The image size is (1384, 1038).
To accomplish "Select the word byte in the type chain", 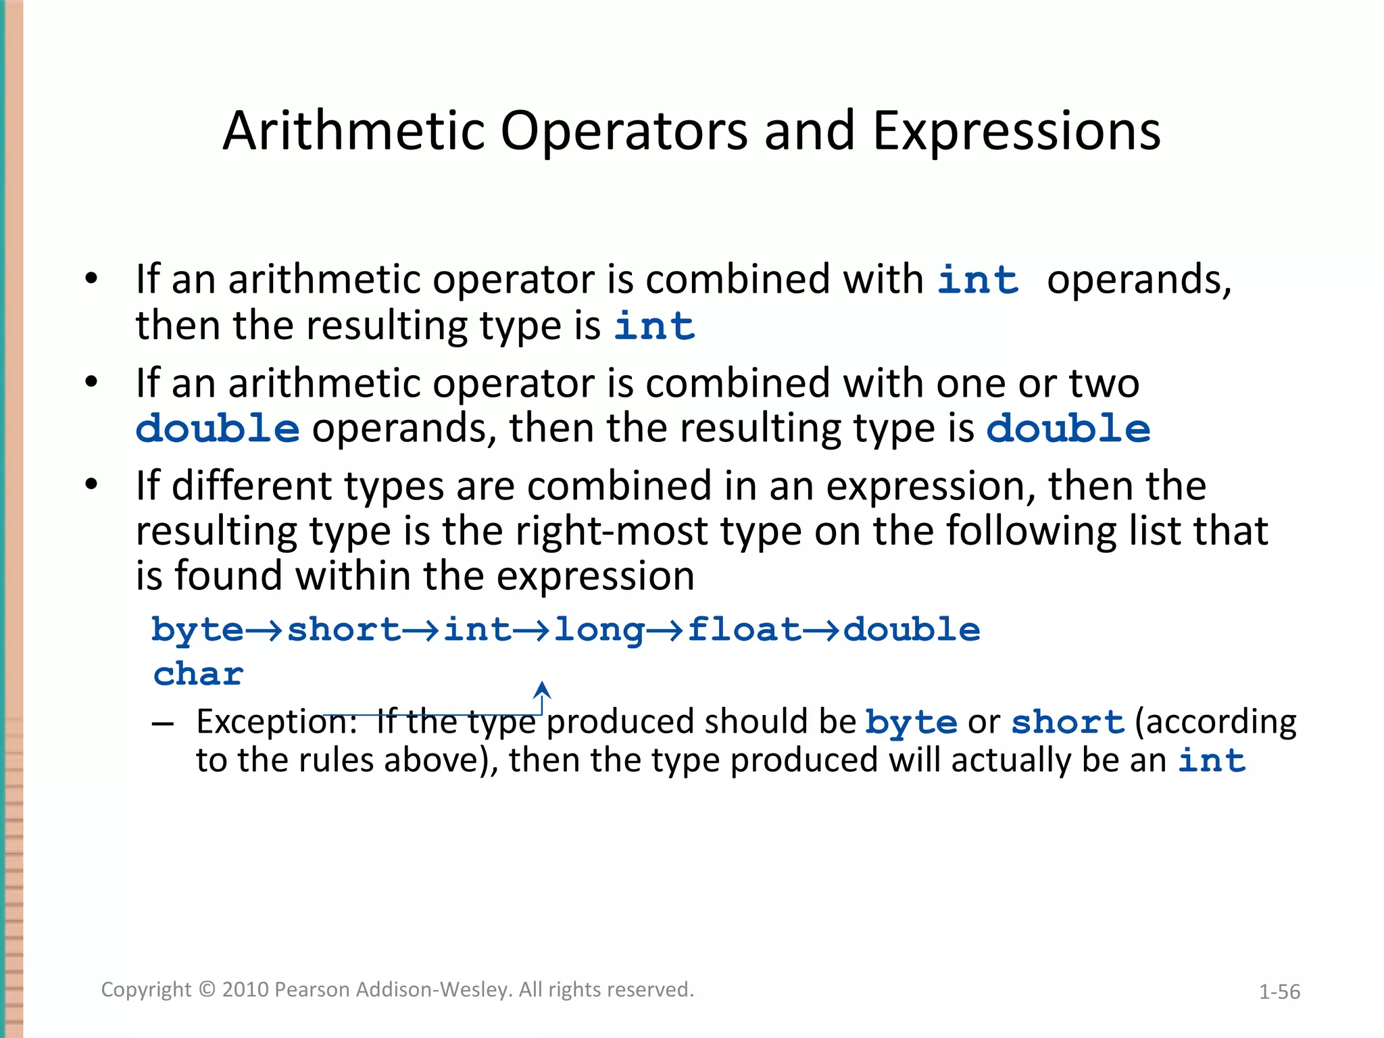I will (x=197, y=630).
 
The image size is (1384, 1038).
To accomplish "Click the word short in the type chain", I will (x=344, y=630).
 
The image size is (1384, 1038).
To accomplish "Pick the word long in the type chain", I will (x=599, y=630).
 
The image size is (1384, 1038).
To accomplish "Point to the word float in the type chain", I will (x=744, y=630).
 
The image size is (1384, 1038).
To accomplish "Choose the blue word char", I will (x=198, y=674).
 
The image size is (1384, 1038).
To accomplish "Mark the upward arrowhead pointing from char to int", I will (x=542, y=689).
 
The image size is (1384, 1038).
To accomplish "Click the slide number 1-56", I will (x=1279, y=991).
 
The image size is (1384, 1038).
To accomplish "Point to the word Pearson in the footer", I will (x=313, y=989).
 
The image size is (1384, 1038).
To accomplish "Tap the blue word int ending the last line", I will (x=1212, y=760).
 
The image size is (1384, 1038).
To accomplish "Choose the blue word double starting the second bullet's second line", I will (x=218, y=428).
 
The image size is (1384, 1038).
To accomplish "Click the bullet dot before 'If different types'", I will (x=92, y=485).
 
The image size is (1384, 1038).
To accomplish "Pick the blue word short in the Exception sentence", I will (x=1067, y=722).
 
